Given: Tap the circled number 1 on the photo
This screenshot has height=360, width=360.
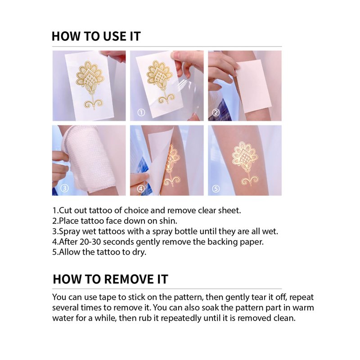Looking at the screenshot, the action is click(x=141, y=112).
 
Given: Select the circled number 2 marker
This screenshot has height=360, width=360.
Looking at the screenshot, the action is click(x=216, y=112).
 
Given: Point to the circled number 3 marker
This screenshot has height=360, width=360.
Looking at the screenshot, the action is click(x=64, y=188).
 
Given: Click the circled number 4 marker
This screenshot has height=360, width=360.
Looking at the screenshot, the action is click(x=141, y=189).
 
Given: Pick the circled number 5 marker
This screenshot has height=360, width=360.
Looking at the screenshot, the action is click(x=216, y=189).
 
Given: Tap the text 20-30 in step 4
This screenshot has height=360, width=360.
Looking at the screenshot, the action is click(x=91, y=242).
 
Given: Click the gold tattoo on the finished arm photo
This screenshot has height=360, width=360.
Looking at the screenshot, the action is click(x=246, y=162).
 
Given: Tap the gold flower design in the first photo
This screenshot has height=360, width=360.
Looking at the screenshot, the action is click(x=90, y=85).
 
